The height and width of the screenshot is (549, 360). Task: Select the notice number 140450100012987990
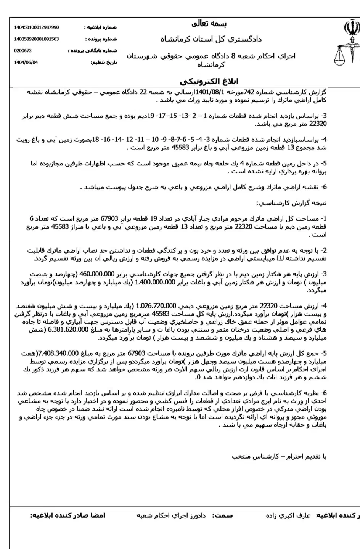(x=36, y=27)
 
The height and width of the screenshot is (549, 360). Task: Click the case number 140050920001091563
(x=36, y=39)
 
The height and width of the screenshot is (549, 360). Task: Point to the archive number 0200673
(x=23, y=51)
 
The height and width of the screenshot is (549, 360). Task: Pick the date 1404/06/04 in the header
(x=26, y=62)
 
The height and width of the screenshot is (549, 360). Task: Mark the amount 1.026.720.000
(x=156, y=306)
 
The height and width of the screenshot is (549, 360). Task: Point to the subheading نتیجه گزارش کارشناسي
(x=302, y=203)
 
